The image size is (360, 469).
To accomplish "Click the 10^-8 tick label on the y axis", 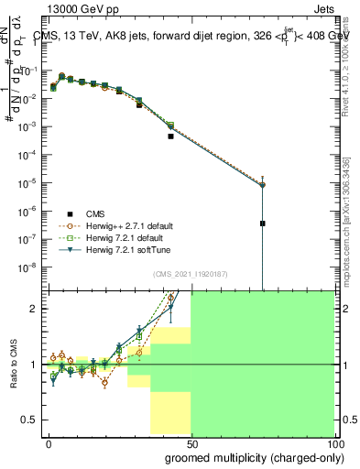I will (29, 267).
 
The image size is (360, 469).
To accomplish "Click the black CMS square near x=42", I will (170, 136).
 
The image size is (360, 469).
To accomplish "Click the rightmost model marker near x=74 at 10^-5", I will (262, 185).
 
